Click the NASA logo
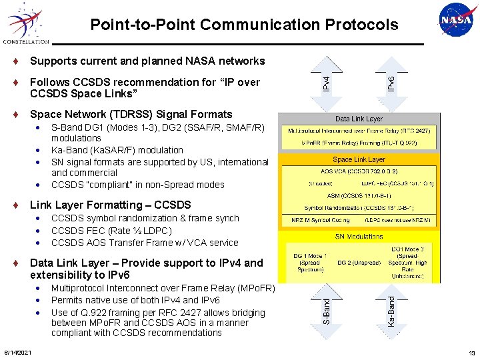tap(456, 21)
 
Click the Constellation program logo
tap(25, 23)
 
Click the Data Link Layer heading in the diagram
tap(359, 119)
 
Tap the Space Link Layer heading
tap(359, 159)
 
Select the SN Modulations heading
tap(359, 236)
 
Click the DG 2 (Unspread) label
tap(359, 262)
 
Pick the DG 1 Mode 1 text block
tap(309, 262)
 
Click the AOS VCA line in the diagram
tap(359, 171)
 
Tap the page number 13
tap(472, 352)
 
